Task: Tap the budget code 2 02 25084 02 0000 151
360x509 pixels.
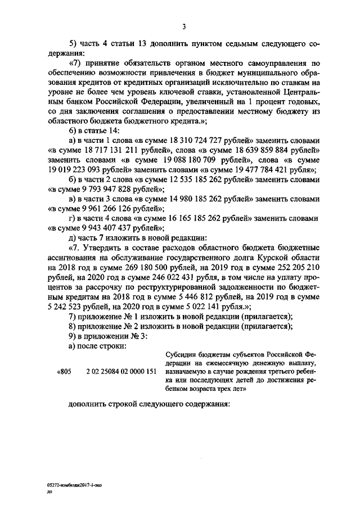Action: pos(121,372)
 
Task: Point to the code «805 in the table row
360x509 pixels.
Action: pos(65,372)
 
